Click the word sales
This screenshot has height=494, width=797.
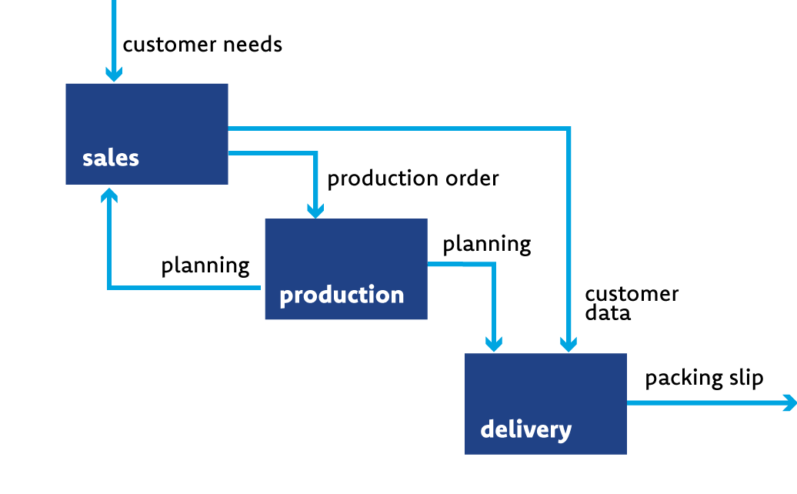111,159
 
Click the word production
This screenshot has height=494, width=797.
342,295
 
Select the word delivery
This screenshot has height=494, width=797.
525,429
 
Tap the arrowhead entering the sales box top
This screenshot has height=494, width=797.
114,74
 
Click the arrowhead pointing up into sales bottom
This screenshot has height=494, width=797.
109,195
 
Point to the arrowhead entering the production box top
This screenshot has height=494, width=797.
315,210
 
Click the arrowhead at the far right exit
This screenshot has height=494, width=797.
789,402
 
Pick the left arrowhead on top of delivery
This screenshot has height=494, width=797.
494,344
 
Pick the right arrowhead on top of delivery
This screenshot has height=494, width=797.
569,344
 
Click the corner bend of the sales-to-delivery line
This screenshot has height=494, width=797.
569,129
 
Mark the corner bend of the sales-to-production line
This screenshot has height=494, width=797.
315,153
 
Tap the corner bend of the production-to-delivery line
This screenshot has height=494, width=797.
494,264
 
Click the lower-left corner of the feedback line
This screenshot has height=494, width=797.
109,288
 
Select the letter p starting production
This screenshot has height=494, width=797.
285,297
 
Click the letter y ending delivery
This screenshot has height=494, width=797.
566,432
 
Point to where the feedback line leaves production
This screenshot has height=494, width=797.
260,288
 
